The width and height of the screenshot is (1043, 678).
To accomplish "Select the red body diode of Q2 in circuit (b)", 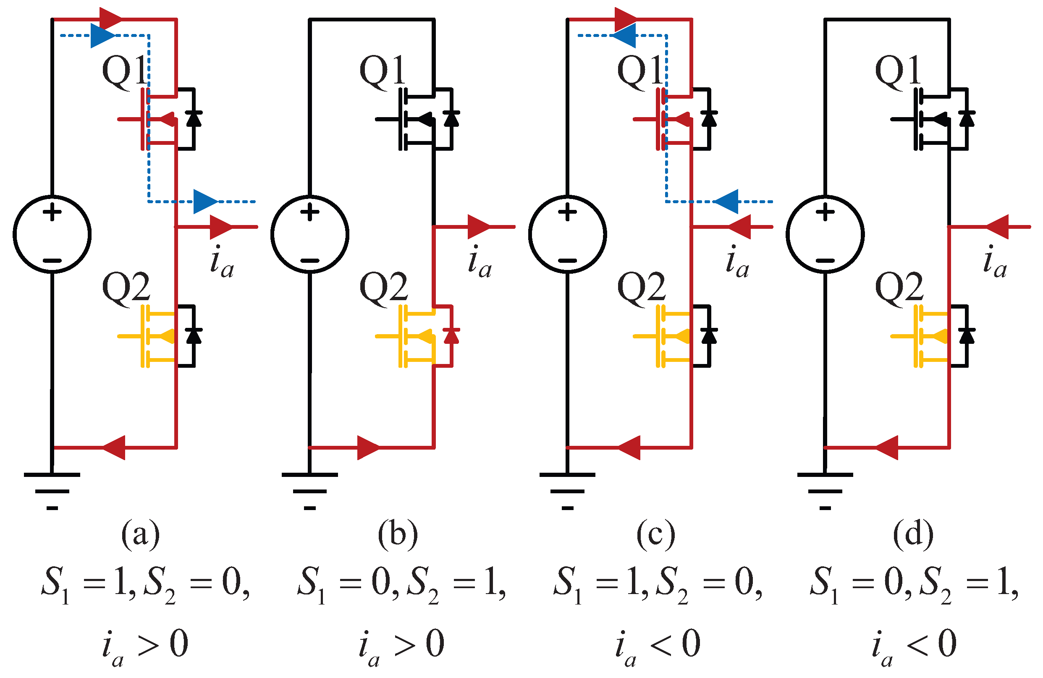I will (451, 335).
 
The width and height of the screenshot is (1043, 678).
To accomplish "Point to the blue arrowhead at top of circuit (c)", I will (624, 36).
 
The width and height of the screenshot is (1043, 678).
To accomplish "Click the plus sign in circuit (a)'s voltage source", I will (52, 213).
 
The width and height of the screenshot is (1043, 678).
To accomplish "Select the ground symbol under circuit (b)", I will (310, 491).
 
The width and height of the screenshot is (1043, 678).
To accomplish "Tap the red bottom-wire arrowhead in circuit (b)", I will (368, 448).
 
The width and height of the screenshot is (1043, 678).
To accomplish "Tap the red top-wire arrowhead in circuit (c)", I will (626, 19).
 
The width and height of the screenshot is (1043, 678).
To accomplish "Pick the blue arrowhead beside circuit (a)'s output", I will (205, 202).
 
